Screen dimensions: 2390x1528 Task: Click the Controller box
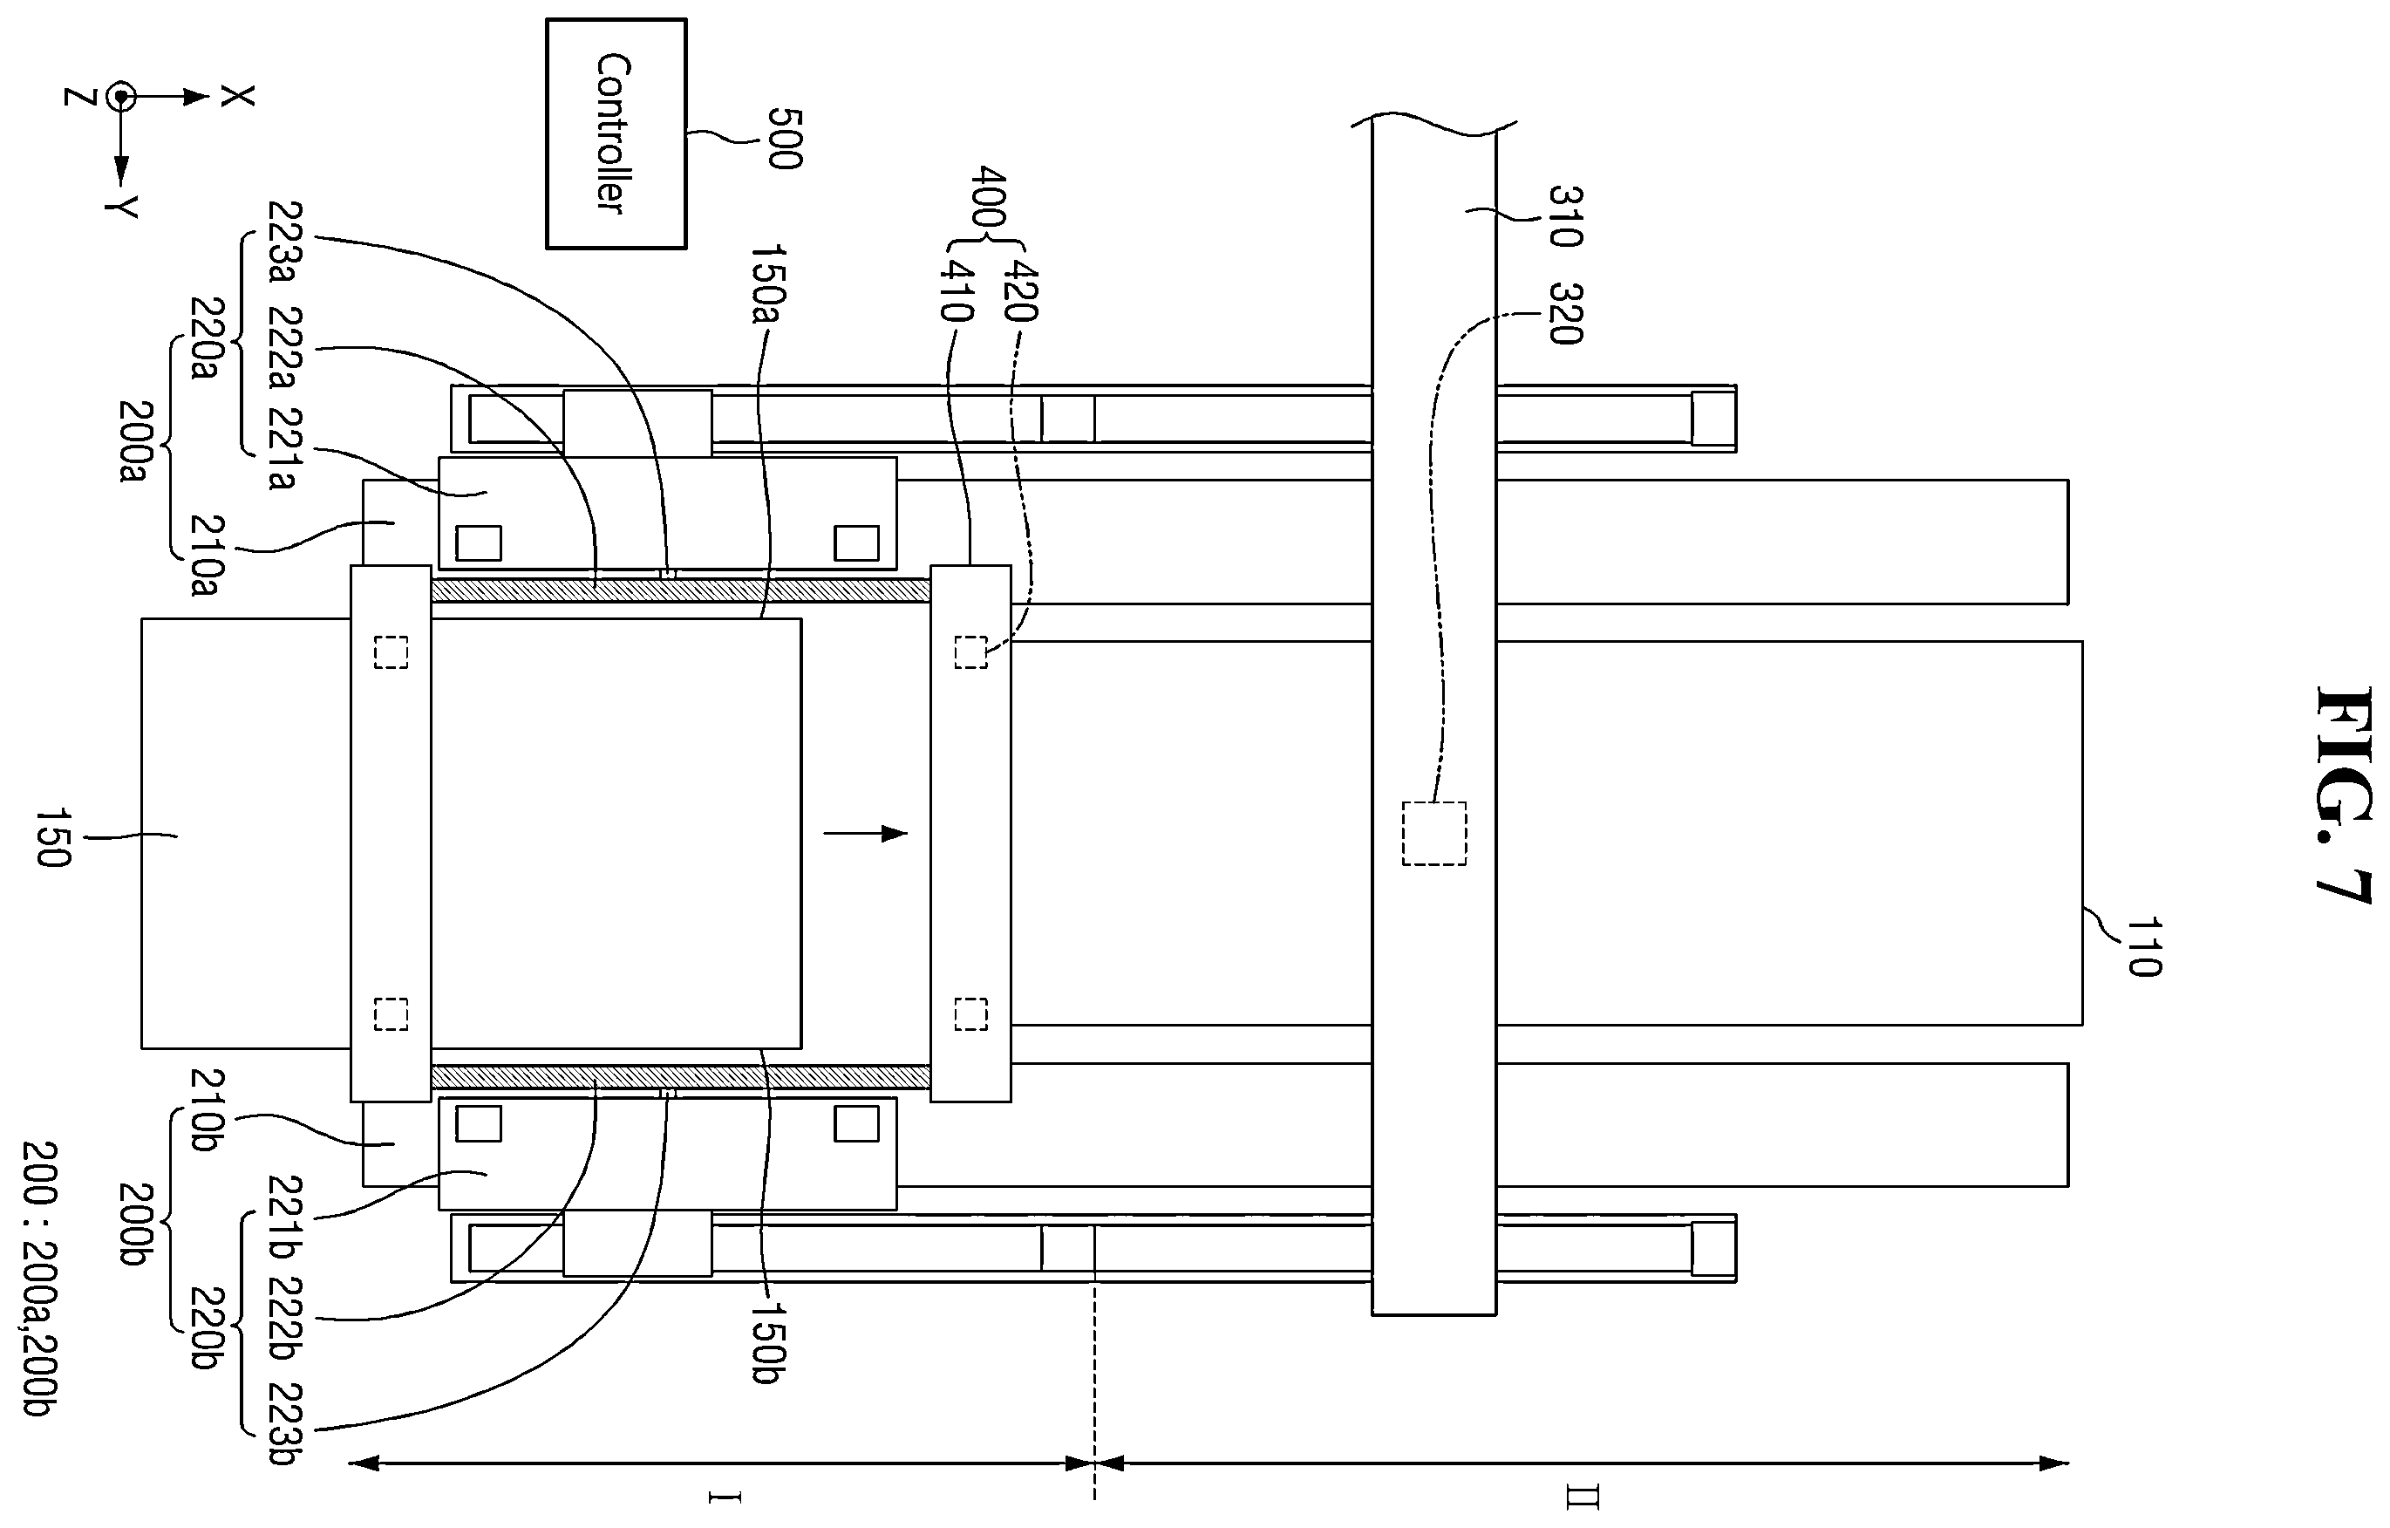[616, 133]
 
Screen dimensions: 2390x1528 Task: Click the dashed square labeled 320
[1434, 833]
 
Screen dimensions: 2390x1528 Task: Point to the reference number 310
[1565, 215]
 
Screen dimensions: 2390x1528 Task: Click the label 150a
[767, 284]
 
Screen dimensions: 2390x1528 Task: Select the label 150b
[767, 1342]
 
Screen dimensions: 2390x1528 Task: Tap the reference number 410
[956, 290]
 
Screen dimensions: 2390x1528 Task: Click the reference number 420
[1021, 290]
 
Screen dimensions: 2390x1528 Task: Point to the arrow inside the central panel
[866, 833]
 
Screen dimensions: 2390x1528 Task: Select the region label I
[724, 1497]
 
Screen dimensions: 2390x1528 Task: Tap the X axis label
[237, 96]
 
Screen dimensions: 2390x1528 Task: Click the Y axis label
[121, 207]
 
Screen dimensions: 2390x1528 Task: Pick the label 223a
[284, 242]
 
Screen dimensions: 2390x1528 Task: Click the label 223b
[284, 1422]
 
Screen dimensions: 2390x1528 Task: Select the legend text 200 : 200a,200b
[40, 1279]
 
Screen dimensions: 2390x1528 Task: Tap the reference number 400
[990, 198]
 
